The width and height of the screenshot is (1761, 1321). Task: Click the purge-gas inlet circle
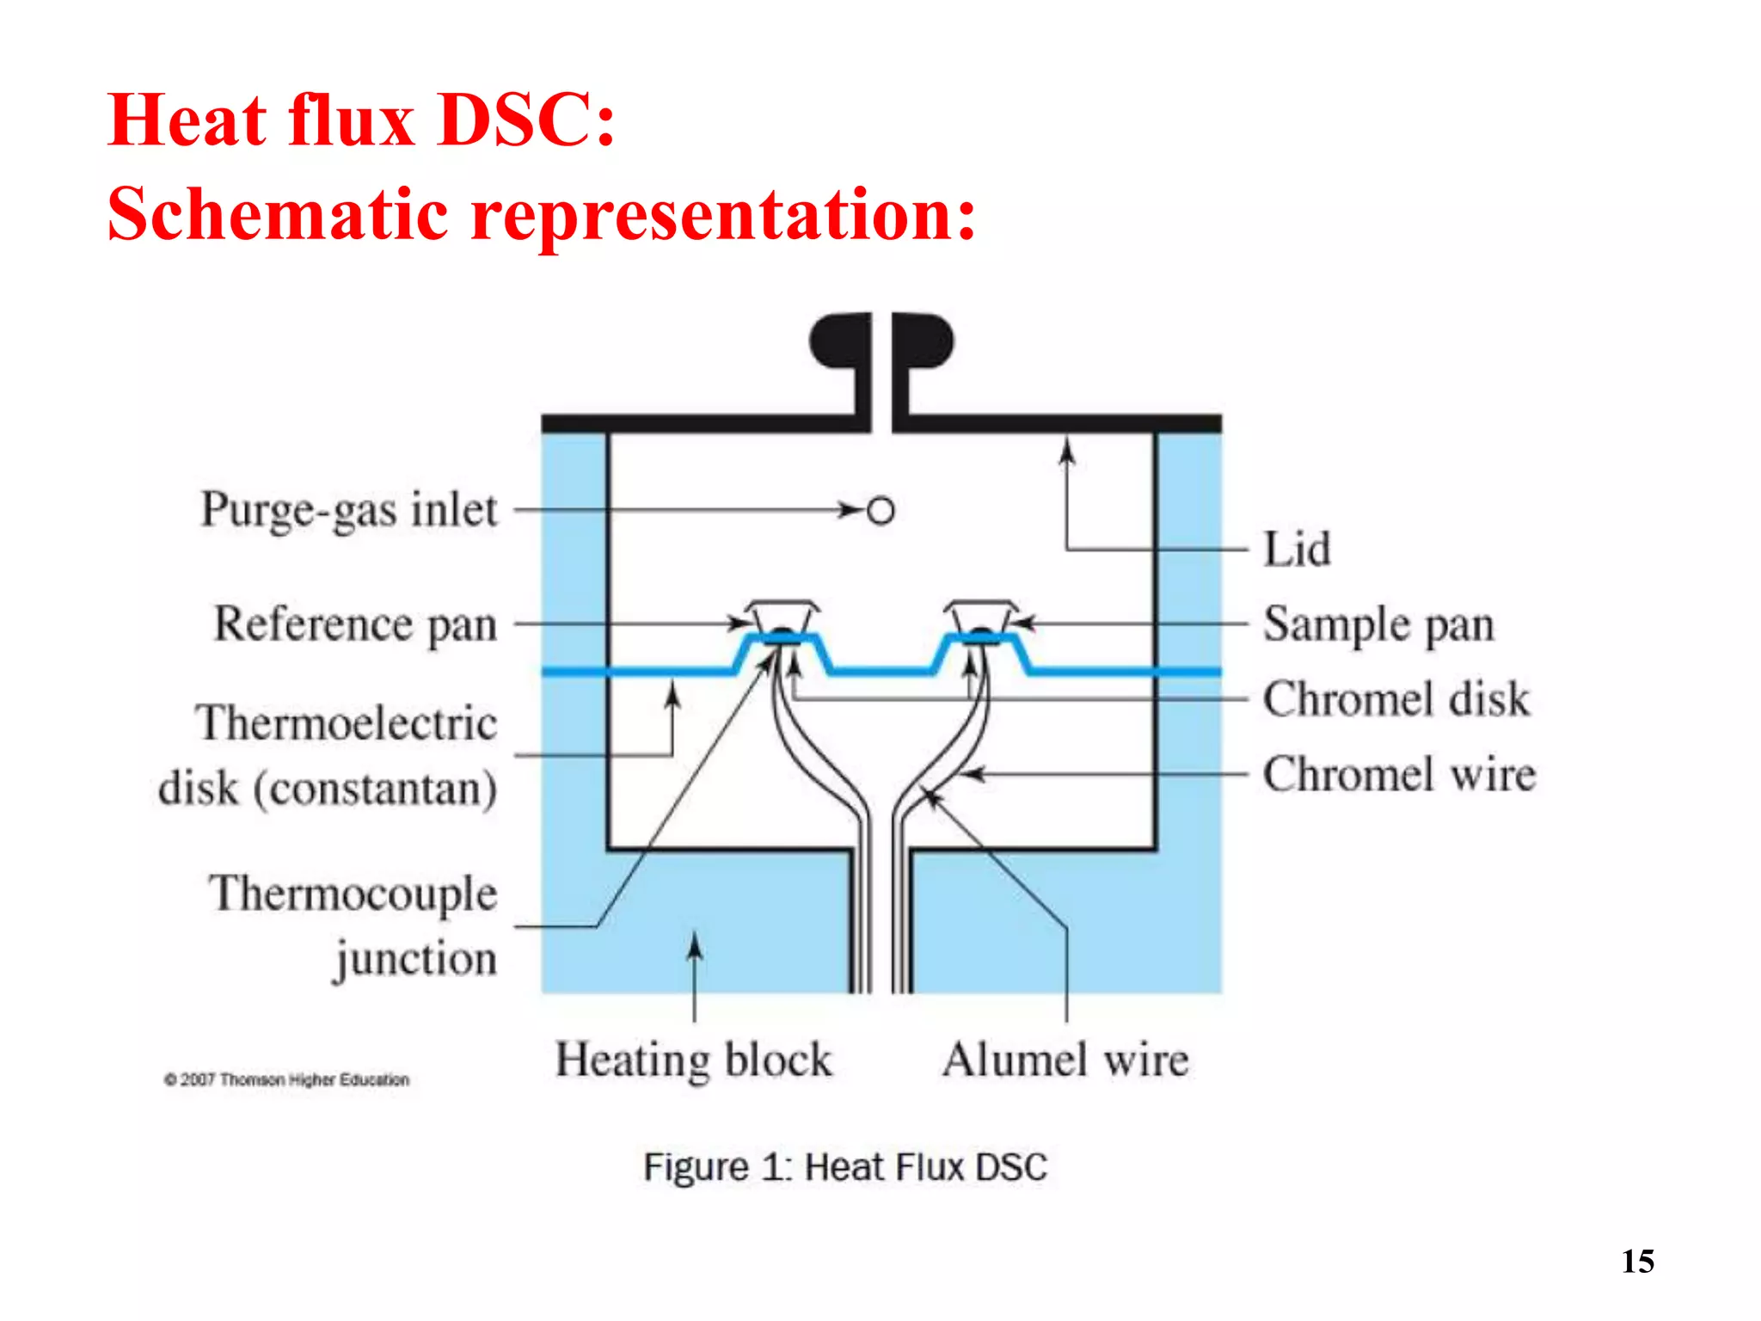(x=880, y=511)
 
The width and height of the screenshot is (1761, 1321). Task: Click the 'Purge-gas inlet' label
(x=349, y=510)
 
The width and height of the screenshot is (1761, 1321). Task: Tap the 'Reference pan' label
(x=355, y=624)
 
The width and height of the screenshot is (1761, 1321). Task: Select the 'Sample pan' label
(x=1378, y=624)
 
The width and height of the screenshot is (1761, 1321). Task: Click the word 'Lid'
(x=1297, y=549)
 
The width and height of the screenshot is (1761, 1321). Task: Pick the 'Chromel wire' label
(x=1399, y=774)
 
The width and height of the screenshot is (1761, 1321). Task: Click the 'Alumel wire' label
(x=1065, y=1060)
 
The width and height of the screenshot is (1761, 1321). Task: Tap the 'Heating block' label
(x=694, y=1060)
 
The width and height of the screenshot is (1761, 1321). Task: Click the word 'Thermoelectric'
(x=347, y=722)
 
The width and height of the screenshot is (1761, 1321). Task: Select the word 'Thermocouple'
(x=353, y=894)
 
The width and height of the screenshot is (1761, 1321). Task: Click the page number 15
(x=1637, y=1262)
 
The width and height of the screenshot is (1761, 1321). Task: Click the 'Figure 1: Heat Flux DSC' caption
(x=845, y=1167)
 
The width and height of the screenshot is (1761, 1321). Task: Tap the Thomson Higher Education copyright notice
(x=286, y=1079)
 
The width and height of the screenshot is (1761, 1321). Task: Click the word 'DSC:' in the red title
(x=526, y=120)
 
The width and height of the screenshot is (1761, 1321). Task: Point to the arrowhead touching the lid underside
(x=1067, y=447)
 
